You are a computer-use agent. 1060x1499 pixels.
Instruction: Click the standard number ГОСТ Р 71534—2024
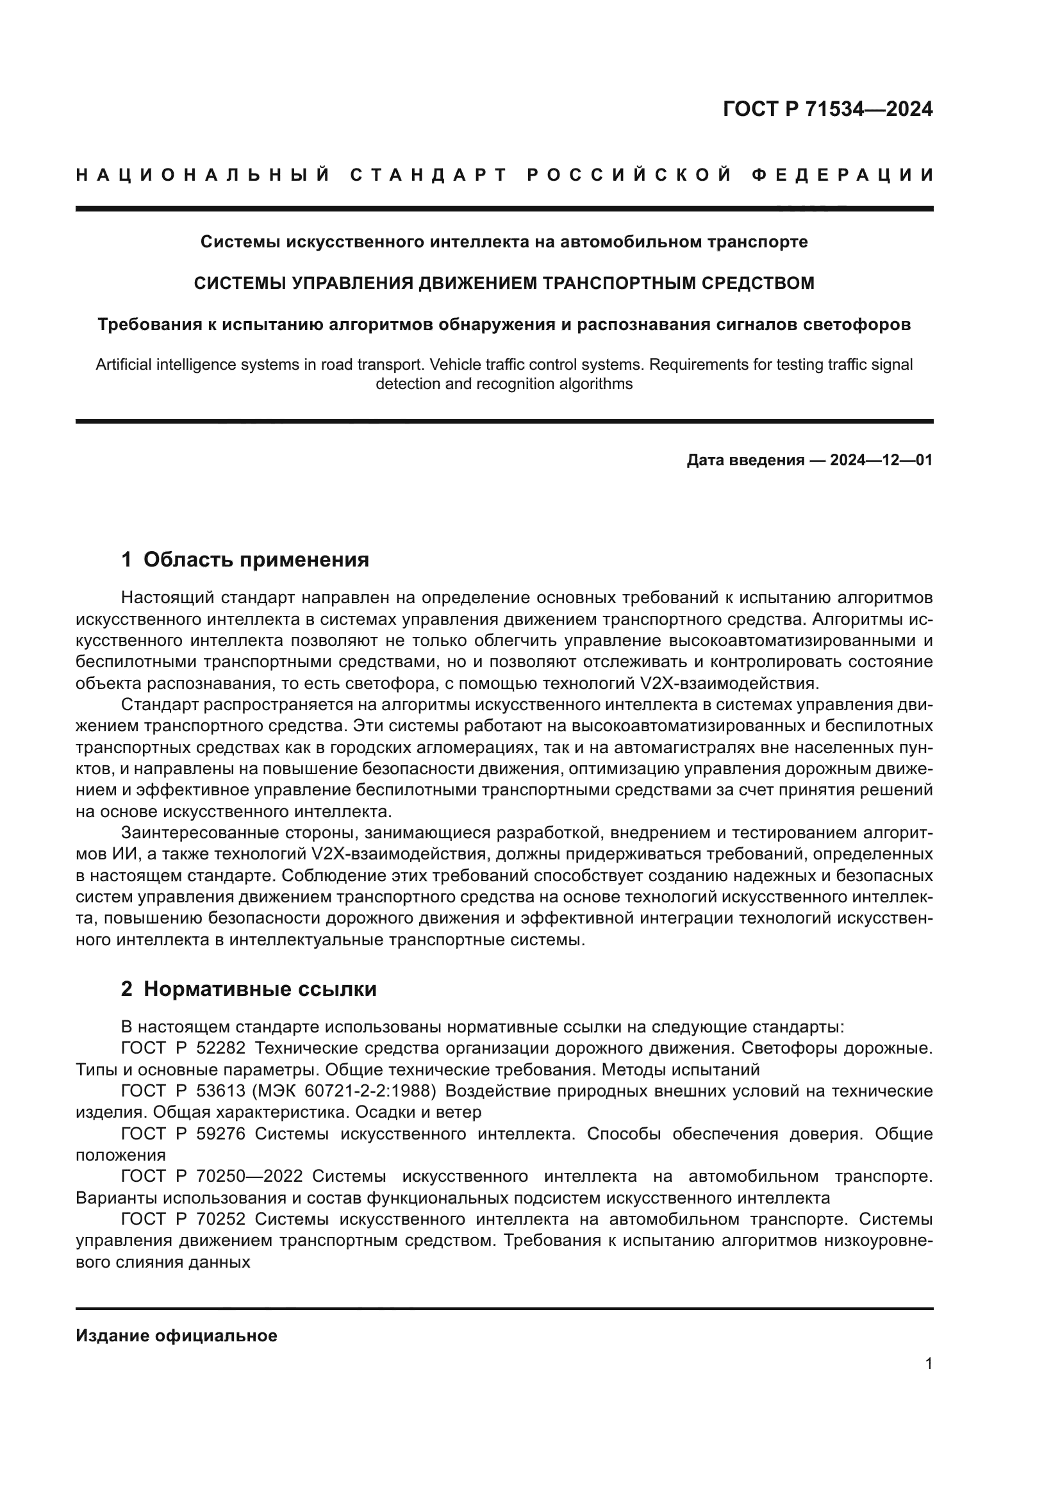tap(827, 109)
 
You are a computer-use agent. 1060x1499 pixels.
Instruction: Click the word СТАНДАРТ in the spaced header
tap(428, 175)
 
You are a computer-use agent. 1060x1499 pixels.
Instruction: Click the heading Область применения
tap(256, 559)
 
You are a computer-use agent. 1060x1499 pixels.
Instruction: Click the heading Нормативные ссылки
tap(260, 989)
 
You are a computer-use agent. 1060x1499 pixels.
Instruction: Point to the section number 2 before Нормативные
tap(127, 989)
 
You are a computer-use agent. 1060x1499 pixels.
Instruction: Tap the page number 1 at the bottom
tap(928, 1364)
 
